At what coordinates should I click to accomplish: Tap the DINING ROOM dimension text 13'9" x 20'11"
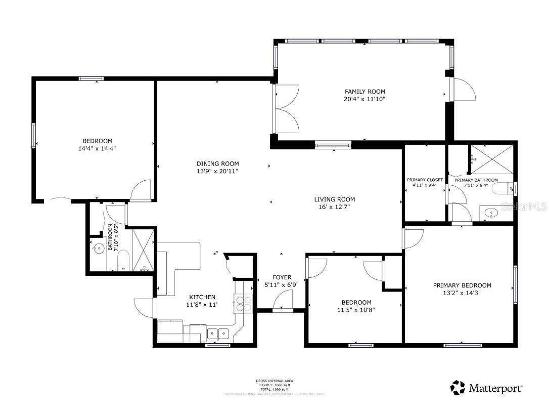pos(217,172)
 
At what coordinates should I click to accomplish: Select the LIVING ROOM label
pos(335,199)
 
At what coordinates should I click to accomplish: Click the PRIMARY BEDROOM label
pos(462,285)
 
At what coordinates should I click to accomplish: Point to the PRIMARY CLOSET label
pos(425,180)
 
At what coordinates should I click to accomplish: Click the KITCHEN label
pos(202,297)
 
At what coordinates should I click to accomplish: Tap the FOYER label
pos(282,277)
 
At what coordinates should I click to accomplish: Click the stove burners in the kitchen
pos(243,303)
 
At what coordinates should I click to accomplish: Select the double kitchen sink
pos(218,333)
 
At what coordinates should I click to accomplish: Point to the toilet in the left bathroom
pos(124,261)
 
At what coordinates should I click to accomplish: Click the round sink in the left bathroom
pos(98,248)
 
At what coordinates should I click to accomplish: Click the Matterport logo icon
pos(457,388)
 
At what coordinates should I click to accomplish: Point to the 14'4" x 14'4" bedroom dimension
pos(98,149)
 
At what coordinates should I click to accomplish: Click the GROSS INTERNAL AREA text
pos(274,381)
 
